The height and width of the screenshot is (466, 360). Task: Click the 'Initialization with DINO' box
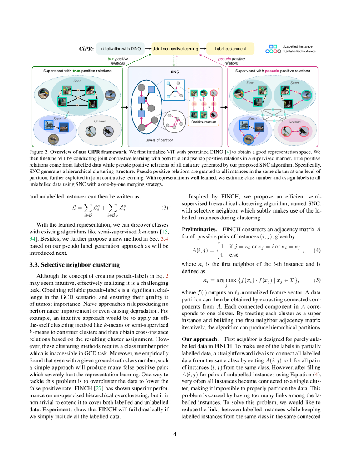click(x=120, y=49)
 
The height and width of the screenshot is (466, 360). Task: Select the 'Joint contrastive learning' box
click(x=175, y=49)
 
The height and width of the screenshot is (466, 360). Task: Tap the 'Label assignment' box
click(x=230, y=49)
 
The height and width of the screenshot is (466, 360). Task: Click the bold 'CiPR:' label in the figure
click(x=86, y=49)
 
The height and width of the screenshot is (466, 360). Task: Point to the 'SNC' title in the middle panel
click(x=175, y=72)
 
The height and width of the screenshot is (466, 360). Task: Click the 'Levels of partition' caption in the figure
click(x=160, y=140)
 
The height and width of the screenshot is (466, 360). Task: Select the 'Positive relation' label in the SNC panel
click(x=204, y=122)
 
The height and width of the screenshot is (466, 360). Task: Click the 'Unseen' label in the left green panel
click(x=100, y=121)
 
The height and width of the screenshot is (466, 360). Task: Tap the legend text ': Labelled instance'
click(x=298, y=46)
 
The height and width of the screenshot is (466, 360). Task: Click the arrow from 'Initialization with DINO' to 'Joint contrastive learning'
click(x=148, y=49)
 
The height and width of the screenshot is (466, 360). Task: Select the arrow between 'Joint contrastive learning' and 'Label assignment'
click(x=203, y=49)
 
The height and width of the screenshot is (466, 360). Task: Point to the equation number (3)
click(x=165, y=208)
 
